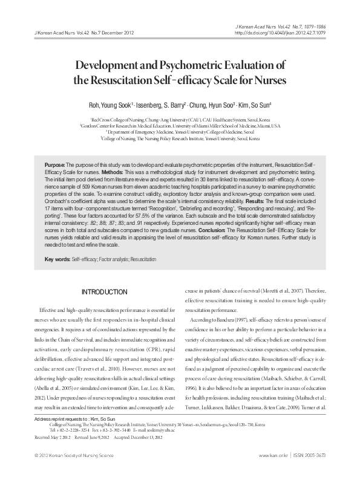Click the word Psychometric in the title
tap(192, 65)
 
